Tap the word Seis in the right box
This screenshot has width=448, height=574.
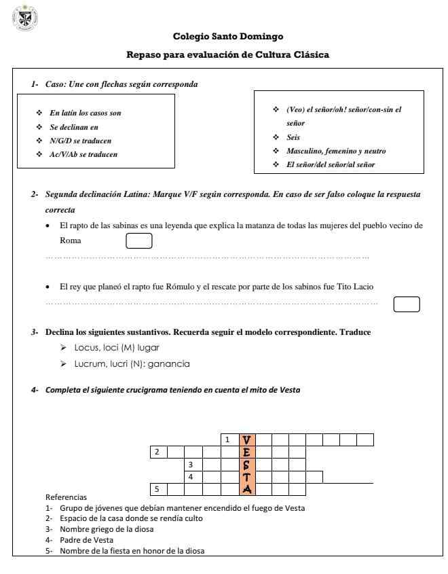(x=294, y=137)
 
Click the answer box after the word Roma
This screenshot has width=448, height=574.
(x=139, y=240)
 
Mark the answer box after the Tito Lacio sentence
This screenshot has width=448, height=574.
(x=407, y=304)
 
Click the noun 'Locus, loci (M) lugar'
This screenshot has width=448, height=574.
(x=111, y=347)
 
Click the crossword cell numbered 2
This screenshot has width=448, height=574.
(x=158, y=452)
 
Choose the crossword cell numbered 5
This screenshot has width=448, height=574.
(x=158, y=489)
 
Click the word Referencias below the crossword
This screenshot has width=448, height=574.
(x=66, y=498)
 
